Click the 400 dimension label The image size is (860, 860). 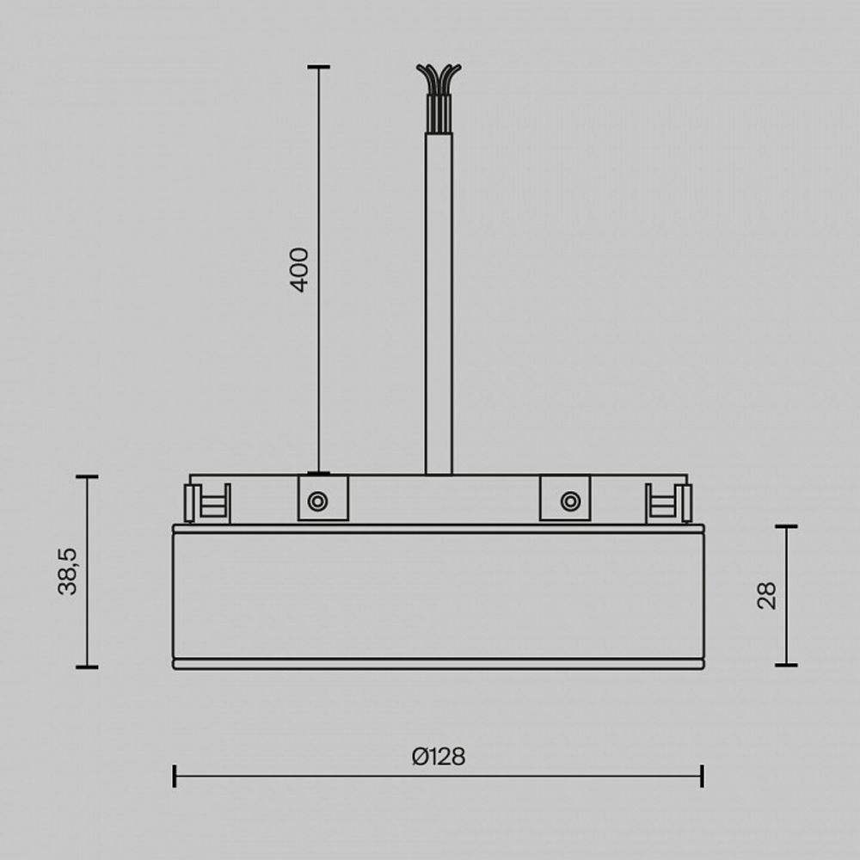coord(299,269)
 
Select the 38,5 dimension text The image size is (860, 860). coord(68,571)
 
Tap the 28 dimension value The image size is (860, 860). coord(766,595)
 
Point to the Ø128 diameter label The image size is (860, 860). coord(438,757)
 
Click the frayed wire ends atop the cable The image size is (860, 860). coord(439,79)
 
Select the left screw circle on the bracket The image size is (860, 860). coord(317,501)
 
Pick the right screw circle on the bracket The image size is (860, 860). coord(569,501)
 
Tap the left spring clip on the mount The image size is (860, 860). coord(207,502)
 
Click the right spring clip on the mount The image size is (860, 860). coord(669,502)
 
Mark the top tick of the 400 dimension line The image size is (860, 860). coord(319,66)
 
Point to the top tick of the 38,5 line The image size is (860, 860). coord(87,476)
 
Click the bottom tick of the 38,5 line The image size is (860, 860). coord(87,666)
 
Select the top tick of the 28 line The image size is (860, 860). coord(786,526)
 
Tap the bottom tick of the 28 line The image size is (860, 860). coord(786,665)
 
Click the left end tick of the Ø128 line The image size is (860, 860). coord(175,776)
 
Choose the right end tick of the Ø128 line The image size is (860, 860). coord(703,776)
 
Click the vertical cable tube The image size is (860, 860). coord(439,301)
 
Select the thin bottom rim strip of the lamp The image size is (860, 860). coord(439,664)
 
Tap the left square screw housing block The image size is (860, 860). coord(323,498)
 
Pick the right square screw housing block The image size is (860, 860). coord(565,498)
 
